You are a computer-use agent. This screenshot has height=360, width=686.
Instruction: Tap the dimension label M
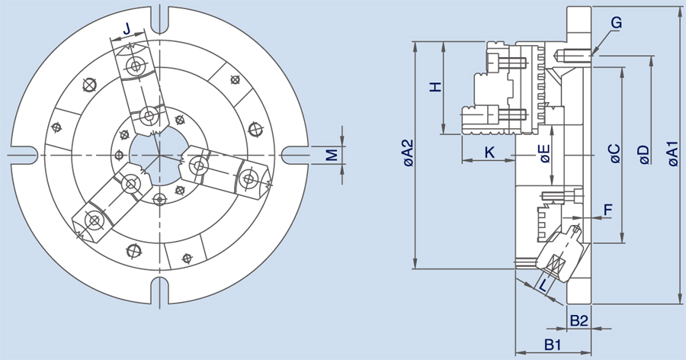(332, 155)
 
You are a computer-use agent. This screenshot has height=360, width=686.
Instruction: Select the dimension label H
(435, 87)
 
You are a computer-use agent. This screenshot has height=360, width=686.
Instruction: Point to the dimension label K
(489, 153)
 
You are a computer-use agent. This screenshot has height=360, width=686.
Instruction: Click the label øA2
(407, 154)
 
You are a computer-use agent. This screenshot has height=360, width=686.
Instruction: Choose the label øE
(544, 154)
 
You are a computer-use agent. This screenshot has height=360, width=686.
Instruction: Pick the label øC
(614, 154)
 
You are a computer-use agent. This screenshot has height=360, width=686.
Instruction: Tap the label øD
(644, 154)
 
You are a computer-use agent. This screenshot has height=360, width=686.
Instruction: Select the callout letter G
(616, 24)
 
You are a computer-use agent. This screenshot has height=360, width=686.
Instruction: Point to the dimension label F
(607, 209)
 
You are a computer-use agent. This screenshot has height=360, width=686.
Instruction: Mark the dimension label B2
(579, 319)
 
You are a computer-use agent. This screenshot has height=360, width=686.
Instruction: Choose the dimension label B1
(553, 344)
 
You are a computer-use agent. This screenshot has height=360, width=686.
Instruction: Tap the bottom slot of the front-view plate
(159, 291)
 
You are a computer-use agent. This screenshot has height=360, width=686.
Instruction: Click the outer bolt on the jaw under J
(136, 66)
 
